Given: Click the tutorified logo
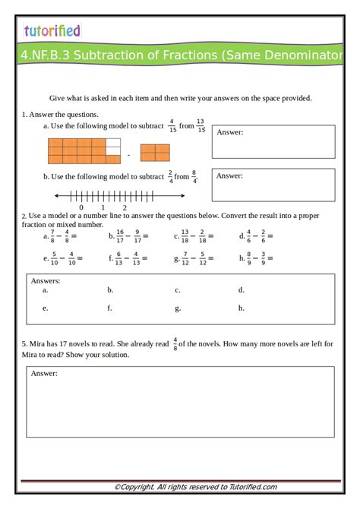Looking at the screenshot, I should coord(52,31).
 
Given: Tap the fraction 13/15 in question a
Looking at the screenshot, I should coord(201,125).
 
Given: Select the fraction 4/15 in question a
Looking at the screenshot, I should coord(172,125).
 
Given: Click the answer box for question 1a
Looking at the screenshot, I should coord(273,142).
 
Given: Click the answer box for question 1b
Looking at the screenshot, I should coord(273,185).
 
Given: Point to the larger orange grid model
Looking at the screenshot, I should coord(84,151).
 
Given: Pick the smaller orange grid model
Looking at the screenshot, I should coord(155,153).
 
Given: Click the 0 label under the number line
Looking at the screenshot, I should coord(81,207).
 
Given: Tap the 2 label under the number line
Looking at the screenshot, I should coord(125,207).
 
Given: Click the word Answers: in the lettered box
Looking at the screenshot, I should coord(46,280).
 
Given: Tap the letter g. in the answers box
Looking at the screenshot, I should coord(178,308).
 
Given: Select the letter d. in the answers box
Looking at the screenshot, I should coord(242,289).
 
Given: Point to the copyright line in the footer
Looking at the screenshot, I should coord(195,487).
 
